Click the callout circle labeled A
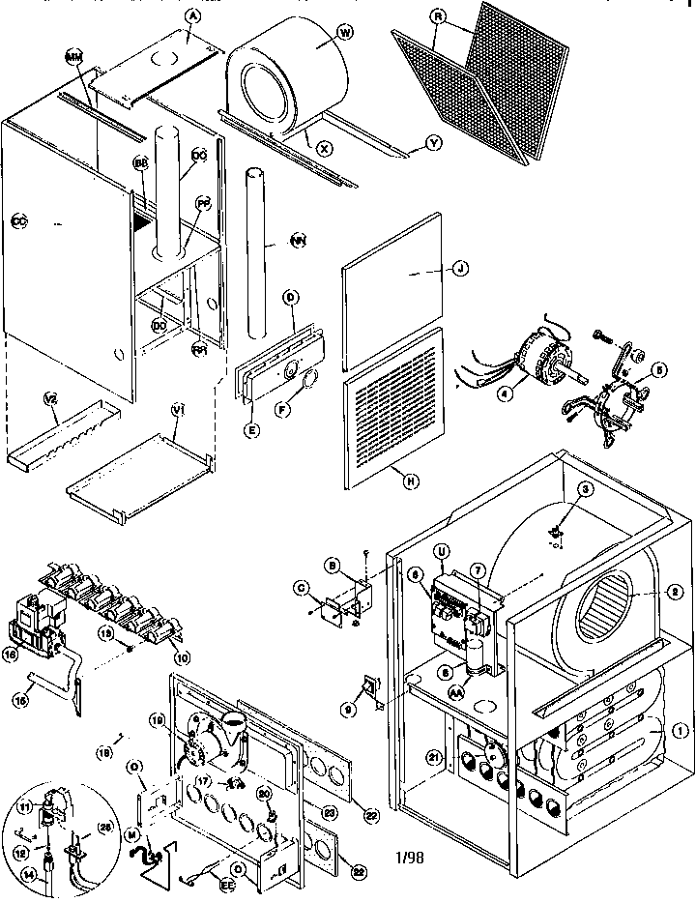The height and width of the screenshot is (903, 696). pos(193,15)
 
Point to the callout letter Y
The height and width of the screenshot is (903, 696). pos(433,145)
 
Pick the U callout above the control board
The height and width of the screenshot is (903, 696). pos(444,551)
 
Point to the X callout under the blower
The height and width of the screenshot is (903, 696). pos(324,147)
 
